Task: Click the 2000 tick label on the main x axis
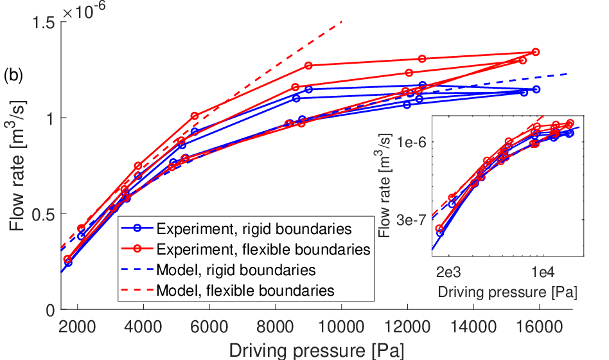(77, 326)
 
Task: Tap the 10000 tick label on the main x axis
(341, 326)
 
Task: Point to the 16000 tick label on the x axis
(539, 326)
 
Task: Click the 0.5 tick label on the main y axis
(44, 214)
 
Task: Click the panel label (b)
(13, 75)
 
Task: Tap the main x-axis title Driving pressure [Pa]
(317, 350)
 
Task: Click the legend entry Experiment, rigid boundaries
(254, 229)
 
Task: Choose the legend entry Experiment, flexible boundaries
(263, 249)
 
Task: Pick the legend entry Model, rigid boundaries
(236, 270)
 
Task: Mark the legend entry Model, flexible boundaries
(245, 291)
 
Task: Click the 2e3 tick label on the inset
(448, 272)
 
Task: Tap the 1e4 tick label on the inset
(543, 272)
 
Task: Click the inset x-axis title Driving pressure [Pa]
(507, 292)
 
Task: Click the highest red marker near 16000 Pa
(536, 52)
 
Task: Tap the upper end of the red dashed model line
(342, 22)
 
